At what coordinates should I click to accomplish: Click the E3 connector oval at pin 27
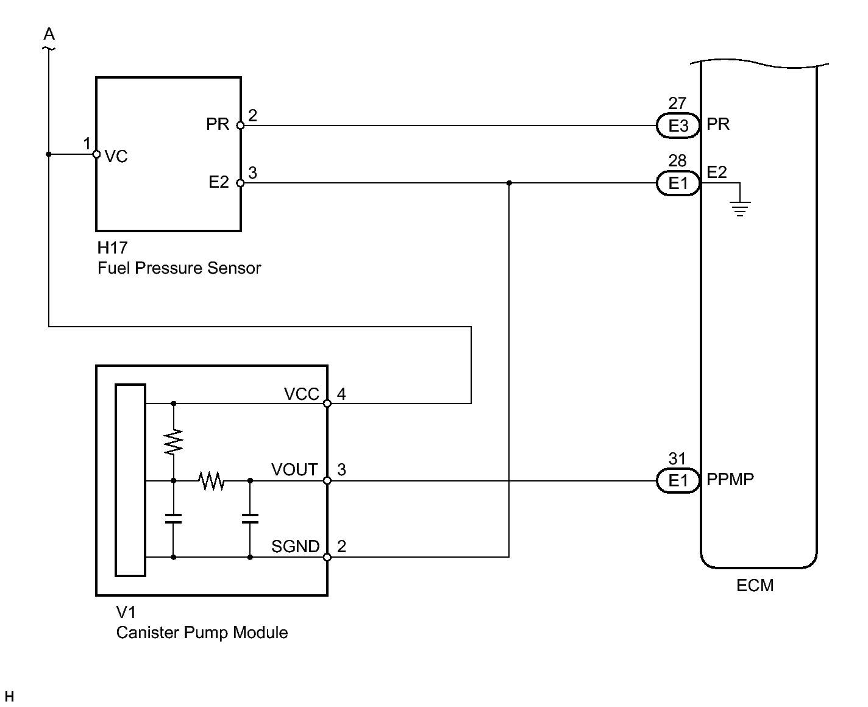678,126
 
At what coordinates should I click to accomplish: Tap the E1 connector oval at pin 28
678,183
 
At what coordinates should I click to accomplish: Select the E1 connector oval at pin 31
678,480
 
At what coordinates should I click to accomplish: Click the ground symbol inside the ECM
740,208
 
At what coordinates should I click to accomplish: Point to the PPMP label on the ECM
730,479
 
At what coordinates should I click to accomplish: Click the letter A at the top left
49,34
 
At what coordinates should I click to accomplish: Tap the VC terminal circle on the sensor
96,154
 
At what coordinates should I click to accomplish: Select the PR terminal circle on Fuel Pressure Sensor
240,126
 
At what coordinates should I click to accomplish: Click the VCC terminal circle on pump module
327,403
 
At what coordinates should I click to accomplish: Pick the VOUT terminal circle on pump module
327,481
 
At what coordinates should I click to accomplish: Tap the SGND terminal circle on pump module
327,557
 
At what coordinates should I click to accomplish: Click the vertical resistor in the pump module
174,442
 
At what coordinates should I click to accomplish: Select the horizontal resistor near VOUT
211,481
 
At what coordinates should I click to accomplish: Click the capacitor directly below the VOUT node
250,519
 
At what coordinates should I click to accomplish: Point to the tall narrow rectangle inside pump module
130,480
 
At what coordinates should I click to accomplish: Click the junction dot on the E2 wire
509,183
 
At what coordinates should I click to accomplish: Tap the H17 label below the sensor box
113,248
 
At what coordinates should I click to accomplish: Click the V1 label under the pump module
126,612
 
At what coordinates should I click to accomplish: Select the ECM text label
755,586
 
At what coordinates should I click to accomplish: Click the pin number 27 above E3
677,103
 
